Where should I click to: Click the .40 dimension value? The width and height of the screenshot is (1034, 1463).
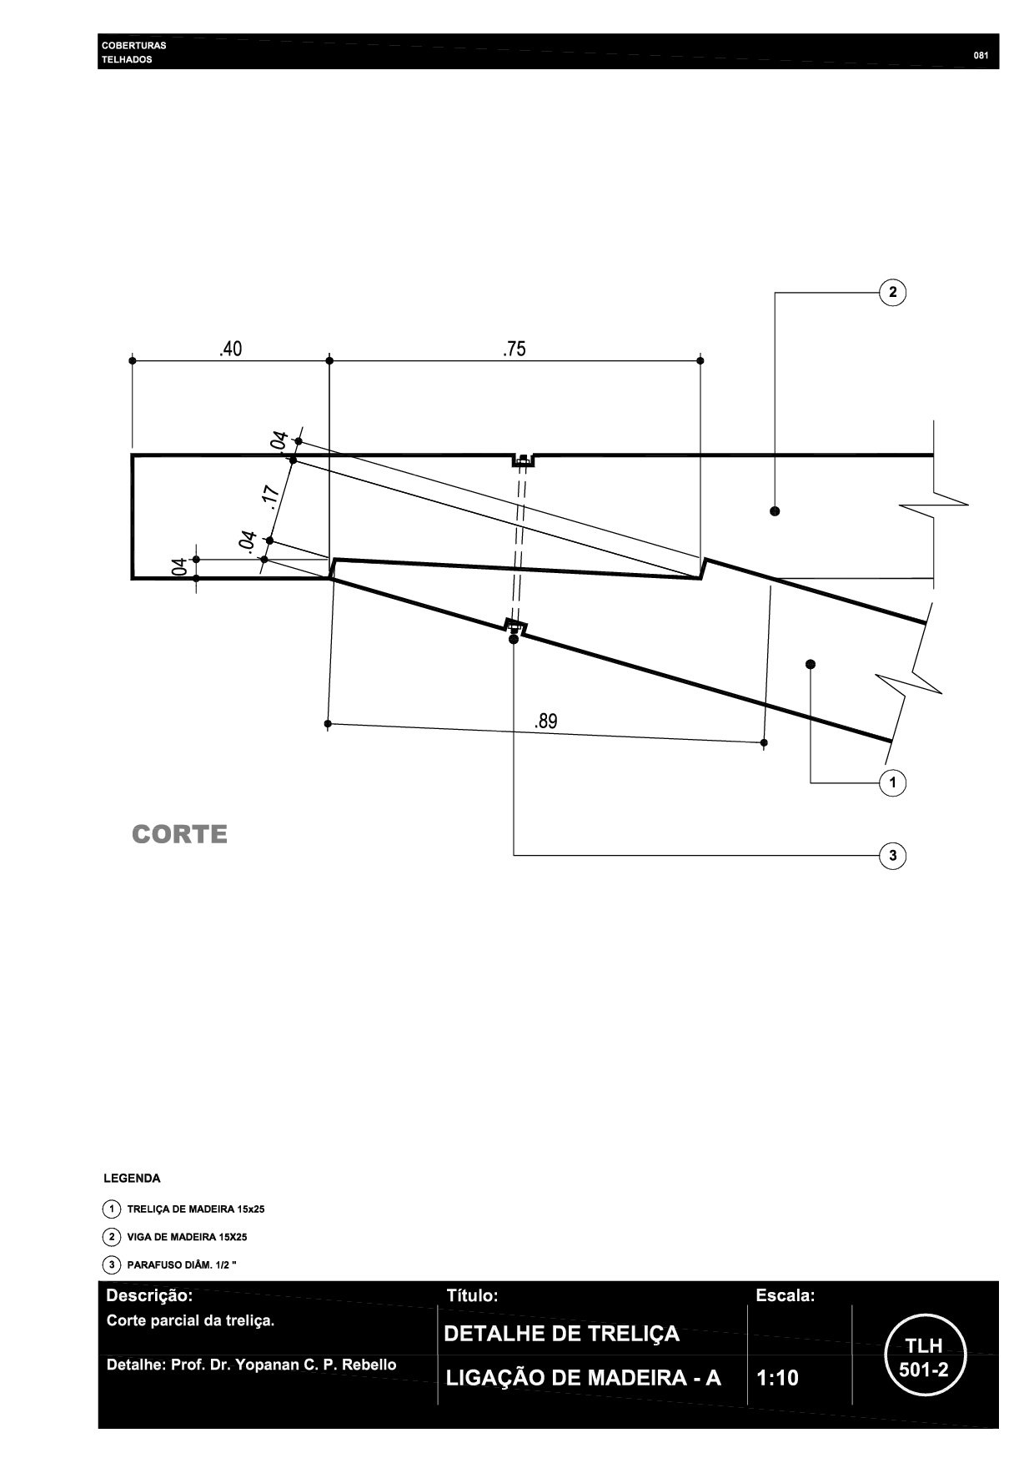point(230,349)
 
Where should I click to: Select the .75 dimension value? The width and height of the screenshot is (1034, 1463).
point(514,349)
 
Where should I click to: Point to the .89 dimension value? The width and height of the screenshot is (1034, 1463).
point(546,721)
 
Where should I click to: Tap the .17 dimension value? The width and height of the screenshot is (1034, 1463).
point(271,495)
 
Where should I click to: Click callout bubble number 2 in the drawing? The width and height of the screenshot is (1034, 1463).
point(893,292)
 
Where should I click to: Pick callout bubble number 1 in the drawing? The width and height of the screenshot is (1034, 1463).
point(893,782)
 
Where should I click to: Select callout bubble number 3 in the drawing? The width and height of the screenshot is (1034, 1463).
point(893,855)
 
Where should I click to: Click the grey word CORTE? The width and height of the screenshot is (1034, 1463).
point(179,834)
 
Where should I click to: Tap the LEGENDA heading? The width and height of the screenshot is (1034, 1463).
point(132,1179)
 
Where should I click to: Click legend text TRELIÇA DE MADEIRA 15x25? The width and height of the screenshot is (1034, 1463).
point(195,1209)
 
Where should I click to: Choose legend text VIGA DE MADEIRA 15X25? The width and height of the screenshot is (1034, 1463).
point(187,1237)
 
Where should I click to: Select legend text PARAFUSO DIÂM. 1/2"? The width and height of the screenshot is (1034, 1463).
point(182,1265)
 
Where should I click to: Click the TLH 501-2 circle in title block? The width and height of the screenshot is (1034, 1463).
point(923,1357)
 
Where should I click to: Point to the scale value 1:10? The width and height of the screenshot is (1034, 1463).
point(777,1377)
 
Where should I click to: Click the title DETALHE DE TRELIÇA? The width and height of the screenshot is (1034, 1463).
point(561,1334)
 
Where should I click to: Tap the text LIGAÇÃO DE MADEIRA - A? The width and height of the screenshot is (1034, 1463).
point(583,1378)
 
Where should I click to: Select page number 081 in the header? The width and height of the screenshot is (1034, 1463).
point(981,56)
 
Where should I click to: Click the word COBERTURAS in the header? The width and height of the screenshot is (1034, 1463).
point(133,45)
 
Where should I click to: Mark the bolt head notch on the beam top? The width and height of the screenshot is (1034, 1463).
point(523,460)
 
